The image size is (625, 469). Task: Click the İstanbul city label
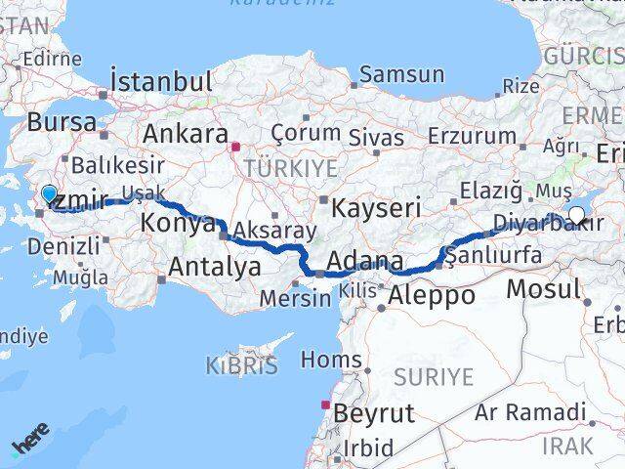click(x=162, y=81)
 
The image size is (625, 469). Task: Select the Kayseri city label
click(x=376, y=207)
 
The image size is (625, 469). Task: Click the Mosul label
click(x=544, y=289)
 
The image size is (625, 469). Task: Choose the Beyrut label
click(x=373, y=412)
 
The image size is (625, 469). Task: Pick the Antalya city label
click(x=215, y=266)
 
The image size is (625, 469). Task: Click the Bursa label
click(x=62, y=123)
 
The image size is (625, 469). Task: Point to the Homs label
click(x=331, y=361)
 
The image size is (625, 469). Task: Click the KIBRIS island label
click(x=241, y=366)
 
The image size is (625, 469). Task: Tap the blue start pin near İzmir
click(x=50, y=193)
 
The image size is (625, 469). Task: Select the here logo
click(x=30, y=446)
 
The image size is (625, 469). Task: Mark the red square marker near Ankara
click(x=234, y=149)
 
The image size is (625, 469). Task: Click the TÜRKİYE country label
click(x=277, y=168)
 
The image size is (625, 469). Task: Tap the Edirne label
click(x=50, y=59)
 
